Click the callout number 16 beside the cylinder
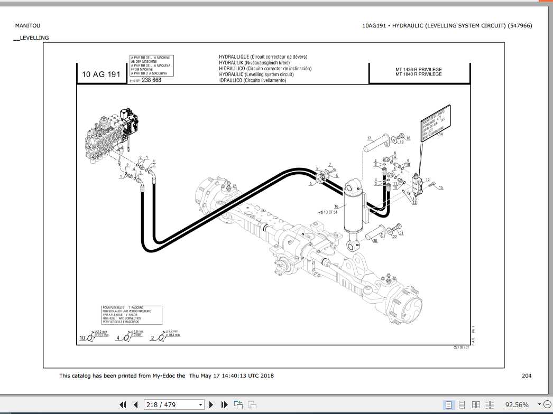[x=336, y=206]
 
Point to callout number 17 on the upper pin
[x=370, y=138]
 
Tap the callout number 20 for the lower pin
[x=375, y=241]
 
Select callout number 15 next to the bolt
[x=441, y=188]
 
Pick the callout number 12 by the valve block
[x=428, y=180]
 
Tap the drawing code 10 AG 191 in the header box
[x=101, y=74]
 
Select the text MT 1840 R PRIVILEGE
[x=418, y=74]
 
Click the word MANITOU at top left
[x=27, y=25]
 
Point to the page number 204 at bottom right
[x=526, y=376]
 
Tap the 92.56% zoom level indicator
[x=517, y=405]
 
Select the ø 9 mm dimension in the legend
[x=136, y=335]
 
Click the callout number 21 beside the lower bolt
[x=401, y=233]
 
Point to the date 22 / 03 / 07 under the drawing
[x=461, y=347]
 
